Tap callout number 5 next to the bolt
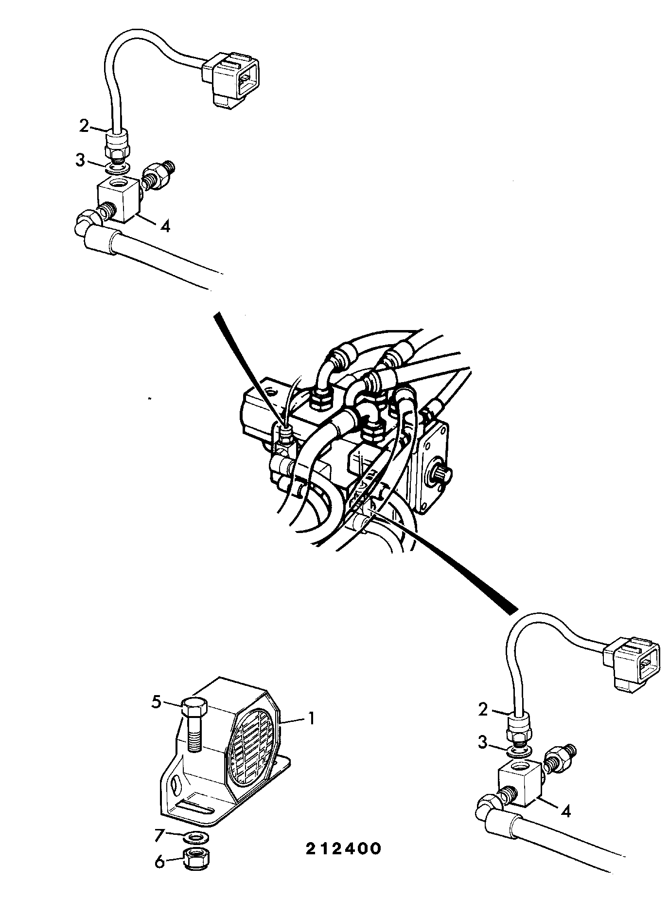click(156, 702)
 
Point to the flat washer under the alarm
click(196, 837)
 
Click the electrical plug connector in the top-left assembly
click(231, 78)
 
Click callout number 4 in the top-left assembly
click(165, 226)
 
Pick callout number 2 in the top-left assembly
click(85, 126)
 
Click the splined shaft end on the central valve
click(443, 472)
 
